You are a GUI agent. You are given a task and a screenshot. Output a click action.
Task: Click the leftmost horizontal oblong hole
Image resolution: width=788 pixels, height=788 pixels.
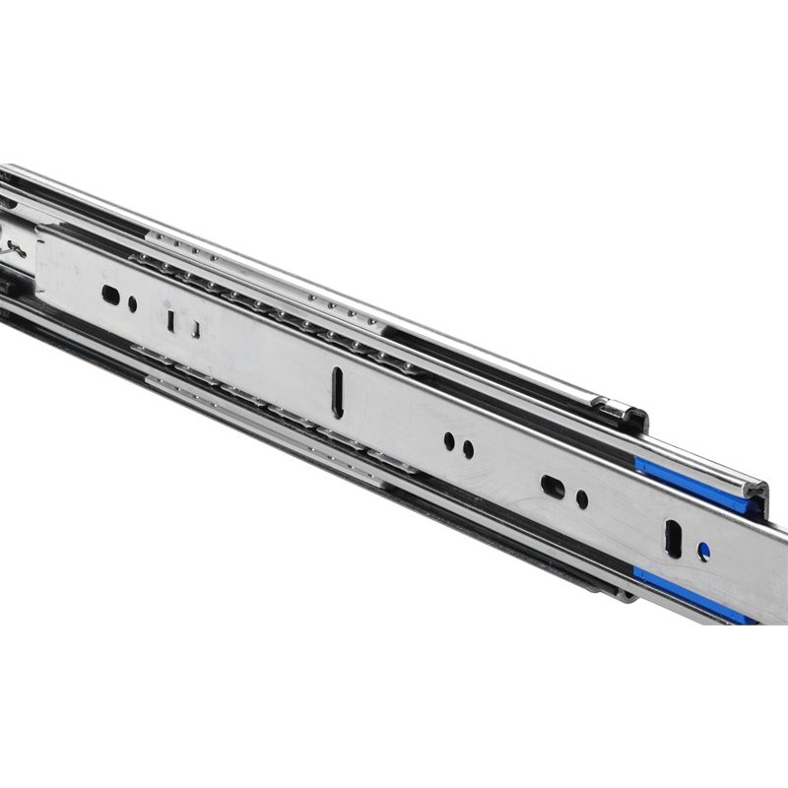click(111, 294)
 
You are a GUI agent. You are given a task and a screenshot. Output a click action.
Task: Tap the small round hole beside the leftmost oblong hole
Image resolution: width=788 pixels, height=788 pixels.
click(133, 303)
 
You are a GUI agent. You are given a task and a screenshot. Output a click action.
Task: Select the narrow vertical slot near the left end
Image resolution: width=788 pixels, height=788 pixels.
click(171, 320)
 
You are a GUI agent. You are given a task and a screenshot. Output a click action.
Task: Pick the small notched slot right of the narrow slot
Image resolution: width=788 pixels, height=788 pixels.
click(197, 327)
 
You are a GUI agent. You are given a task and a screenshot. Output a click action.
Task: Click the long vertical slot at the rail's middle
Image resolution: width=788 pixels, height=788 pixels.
click(338, 391)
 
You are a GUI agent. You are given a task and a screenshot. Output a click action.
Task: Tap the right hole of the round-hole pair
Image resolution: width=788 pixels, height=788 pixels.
click(468, 449)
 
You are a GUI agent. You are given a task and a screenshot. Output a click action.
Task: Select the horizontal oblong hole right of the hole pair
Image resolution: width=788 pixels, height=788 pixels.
click(553, 486)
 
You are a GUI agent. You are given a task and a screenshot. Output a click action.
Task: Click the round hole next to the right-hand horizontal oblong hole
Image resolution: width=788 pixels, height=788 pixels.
click(582, 499)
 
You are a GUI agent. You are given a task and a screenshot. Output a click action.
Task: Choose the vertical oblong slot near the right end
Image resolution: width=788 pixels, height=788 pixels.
click(674, 538)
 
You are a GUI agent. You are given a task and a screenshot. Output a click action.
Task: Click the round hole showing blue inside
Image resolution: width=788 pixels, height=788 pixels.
click(703, 552)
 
